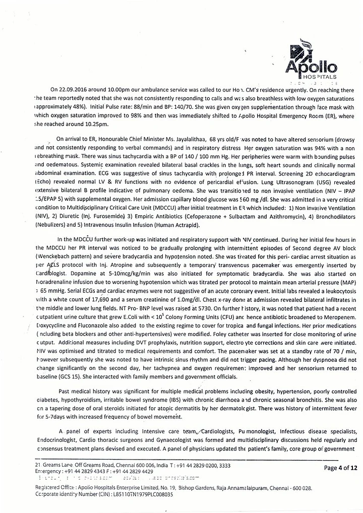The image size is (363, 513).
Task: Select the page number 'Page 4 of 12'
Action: coord(341,467)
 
